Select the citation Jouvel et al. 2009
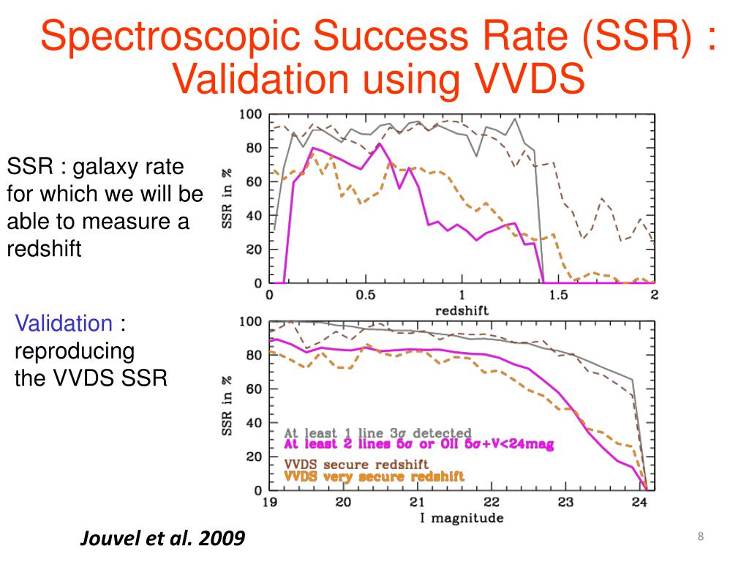click(x=162, y=539)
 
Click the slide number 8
click(x=701, y=538)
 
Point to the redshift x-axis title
click(x=462, y=310)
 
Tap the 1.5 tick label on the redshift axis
click(x=558, y=295)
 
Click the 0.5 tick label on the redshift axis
click(x=365, y=295)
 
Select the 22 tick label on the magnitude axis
click(x=491, y=503)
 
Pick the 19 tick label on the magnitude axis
click(x=270, y=503)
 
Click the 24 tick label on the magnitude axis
click(x=639, y=503)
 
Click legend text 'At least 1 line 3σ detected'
click(x=377, y=433)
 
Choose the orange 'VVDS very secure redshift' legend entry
click(x=374, y=476)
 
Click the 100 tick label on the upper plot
click(x=250, y=115)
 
